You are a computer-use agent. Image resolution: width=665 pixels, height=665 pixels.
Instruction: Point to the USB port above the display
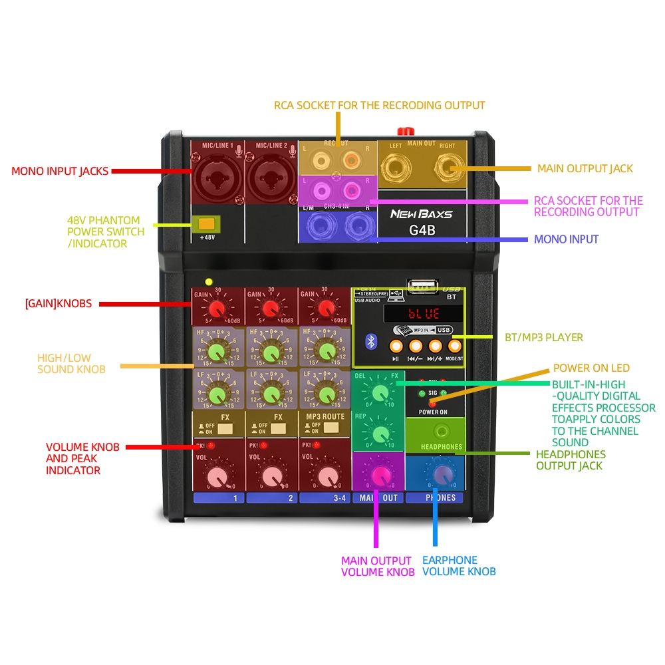pos(424,287)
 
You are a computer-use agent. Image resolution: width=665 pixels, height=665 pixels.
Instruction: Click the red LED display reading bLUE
pos(424,313)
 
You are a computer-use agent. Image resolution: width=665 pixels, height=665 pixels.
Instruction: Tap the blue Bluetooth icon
pos(371,342)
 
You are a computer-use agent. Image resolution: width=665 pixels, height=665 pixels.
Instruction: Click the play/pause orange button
pos(396,346)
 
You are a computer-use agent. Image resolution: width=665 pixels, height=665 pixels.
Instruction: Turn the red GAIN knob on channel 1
pos(216,309)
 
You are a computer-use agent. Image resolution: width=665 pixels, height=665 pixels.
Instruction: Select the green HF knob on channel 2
pos(271,351)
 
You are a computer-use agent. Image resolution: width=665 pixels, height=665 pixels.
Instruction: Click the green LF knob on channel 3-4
pos(325,392)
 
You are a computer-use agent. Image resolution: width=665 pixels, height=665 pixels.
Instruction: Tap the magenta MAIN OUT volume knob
pos(381,474)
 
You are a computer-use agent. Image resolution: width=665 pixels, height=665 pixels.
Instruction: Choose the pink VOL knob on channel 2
pos(271,477)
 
